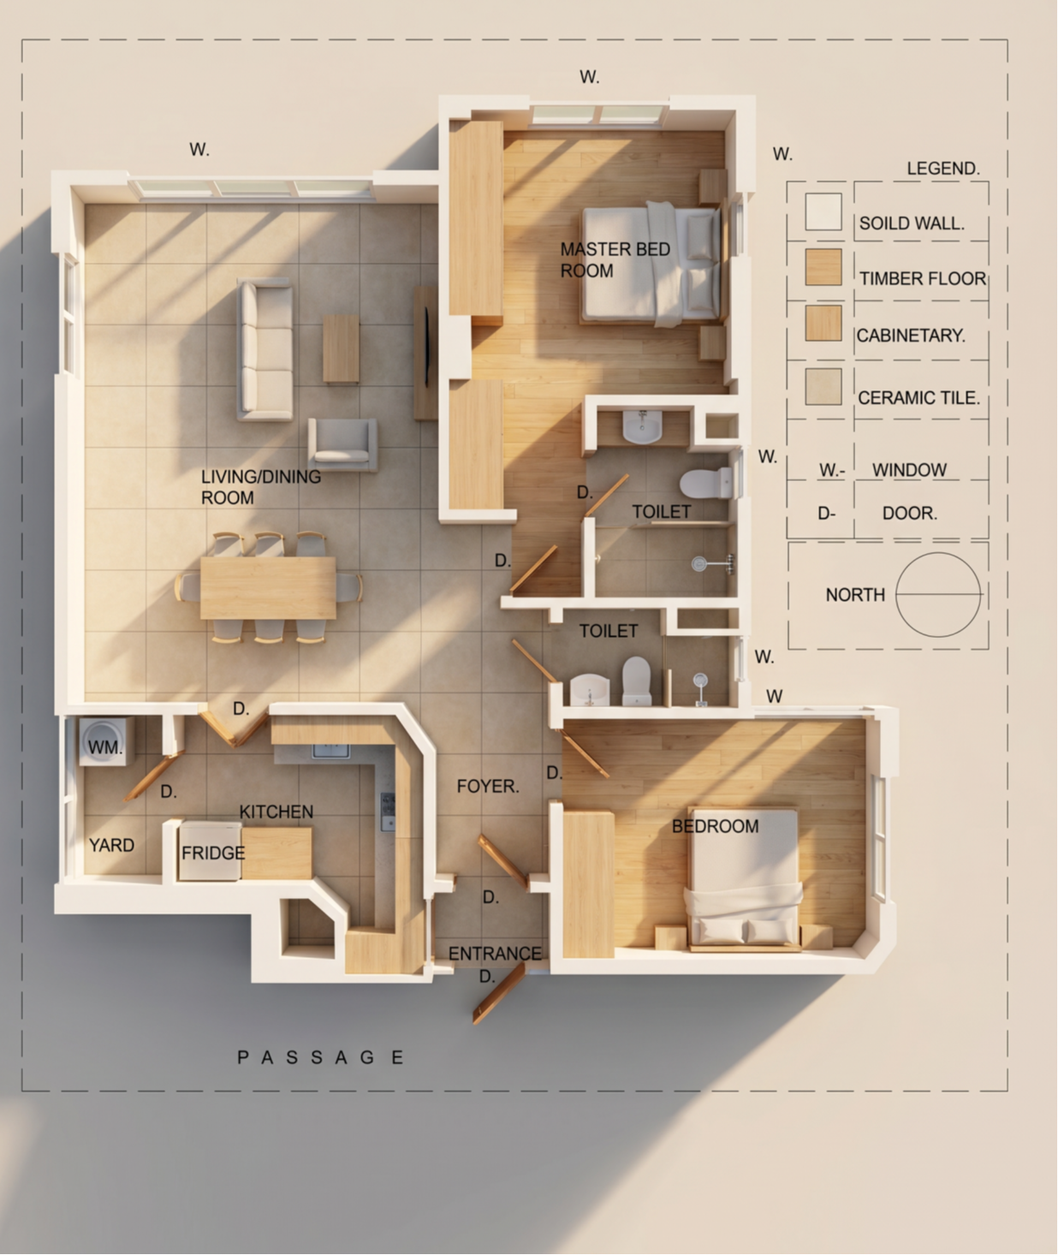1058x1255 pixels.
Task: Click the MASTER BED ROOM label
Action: click(615, 259)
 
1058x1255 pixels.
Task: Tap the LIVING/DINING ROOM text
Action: click(260, 487)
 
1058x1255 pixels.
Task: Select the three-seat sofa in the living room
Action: click(265, 349)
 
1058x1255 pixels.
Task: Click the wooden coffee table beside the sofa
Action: click(341, 348)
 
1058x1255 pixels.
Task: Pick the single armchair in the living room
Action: click(342, 444)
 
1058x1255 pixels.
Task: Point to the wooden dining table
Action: click(268, 587)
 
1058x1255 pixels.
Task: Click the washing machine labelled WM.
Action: click(106, 741)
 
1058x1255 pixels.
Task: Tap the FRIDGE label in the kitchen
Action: click(213, 853)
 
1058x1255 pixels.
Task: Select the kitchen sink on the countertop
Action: click(330, 751)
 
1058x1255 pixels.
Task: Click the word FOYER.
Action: click(488, 786)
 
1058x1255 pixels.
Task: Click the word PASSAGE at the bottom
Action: click(320, 1057)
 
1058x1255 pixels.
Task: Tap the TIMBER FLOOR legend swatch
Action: click(823, 267)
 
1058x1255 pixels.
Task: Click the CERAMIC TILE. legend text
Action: click(918, 397)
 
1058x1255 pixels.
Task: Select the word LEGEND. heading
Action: click(942, 169)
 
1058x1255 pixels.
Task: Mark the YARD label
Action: click(111, 845)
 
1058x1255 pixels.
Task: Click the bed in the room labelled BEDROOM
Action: click(744, 879)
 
